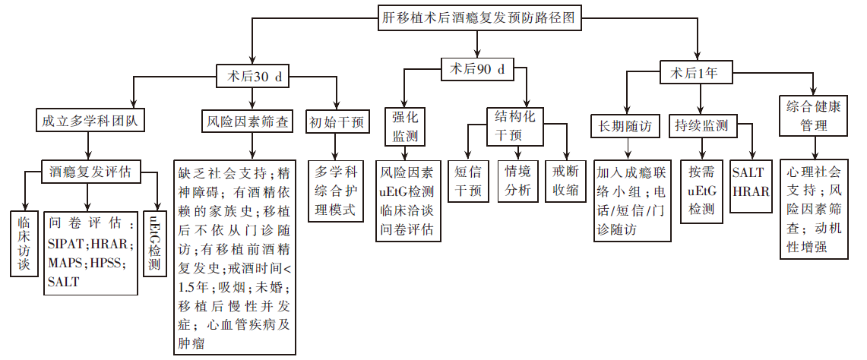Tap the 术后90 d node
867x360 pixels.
pyautogui.click(x=477, y=69)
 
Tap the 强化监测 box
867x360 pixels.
pyautogui.click(x=403, y=126)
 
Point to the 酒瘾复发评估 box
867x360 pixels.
pyautogui.click(x=90, y=172)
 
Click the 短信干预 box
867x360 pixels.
pyautogui.click(x=468, y=181)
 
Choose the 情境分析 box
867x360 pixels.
pyautogui.click(x=518, y=181)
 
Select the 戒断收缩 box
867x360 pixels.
pyautogui.click(x=566, y=181)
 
